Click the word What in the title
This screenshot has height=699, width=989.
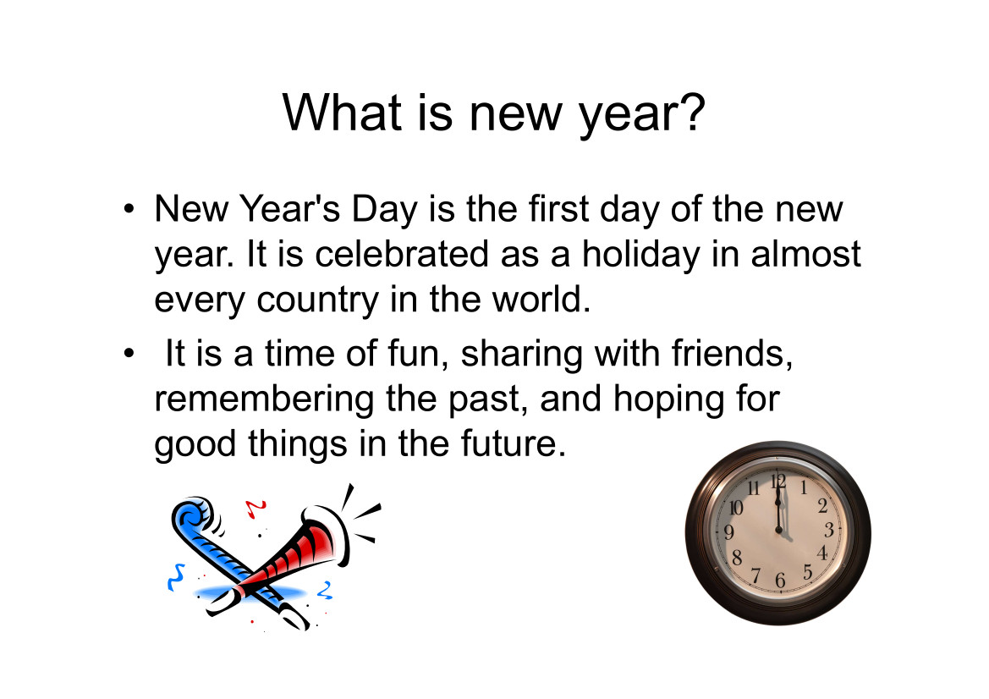(341, 113)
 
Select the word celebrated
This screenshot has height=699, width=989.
(402, 254)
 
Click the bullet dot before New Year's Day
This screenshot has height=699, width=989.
(129, 209)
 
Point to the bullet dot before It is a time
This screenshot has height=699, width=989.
(129, 353)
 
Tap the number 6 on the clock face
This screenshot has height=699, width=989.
(780, 580)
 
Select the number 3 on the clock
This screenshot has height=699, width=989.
(829, 530)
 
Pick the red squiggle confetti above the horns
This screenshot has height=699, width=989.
(255, 508)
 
